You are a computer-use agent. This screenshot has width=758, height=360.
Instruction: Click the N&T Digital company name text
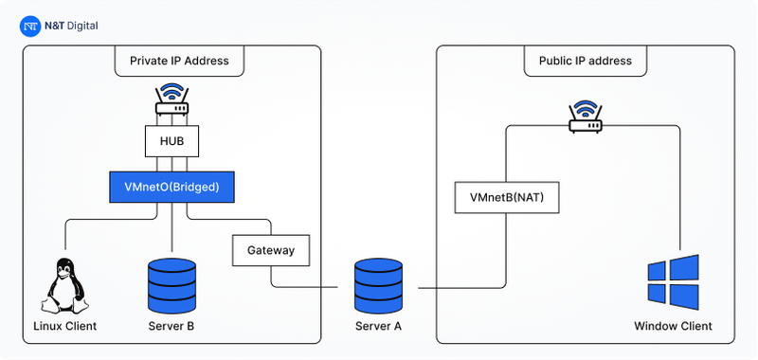[x=72, y=27]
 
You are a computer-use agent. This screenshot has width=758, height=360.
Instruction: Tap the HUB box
[x=171, y=142]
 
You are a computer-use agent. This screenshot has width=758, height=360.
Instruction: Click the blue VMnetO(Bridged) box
[x=171, y=188]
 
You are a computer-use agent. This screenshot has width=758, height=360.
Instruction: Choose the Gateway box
[x=271, y=251]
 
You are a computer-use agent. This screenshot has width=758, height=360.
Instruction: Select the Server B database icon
[x=171, y=286]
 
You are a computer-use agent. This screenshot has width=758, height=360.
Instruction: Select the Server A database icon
[x=378, y=286]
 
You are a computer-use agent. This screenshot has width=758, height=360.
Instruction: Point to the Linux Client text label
[x=64, y=327]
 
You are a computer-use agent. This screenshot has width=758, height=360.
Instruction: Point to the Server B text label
[x=171, y=327]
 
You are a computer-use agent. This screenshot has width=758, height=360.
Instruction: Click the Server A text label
[x=378, y=327]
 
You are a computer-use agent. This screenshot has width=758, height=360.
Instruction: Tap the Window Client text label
[x=673, y=327]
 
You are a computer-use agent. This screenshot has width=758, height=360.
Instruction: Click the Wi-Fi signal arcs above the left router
[x=171, y=93]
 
